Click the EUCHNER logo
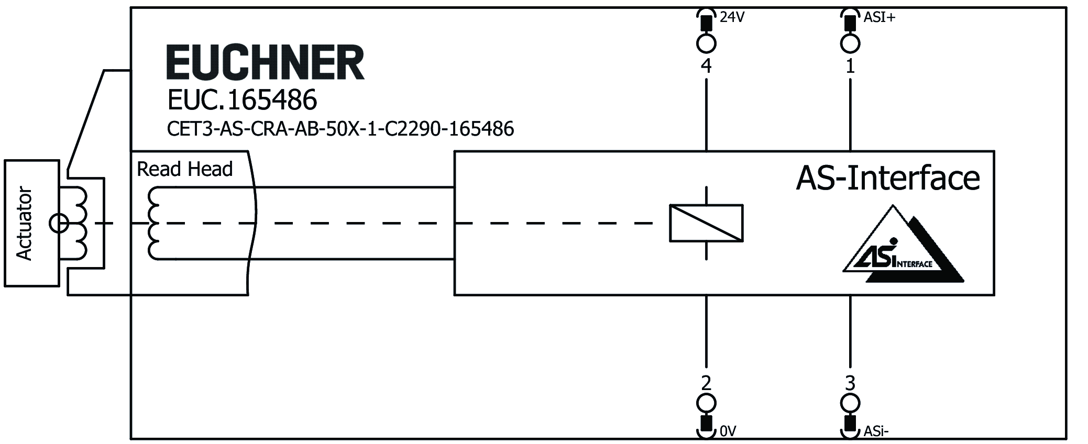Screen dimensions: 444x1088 tap(265, 62)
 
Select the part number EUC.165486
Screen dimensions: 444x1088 tap(242, 99)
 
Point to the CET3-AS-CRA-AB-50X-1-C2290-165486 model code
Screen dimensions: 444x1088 tap(340, 129)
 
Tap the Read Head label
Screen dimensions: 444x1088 tap(184, 169)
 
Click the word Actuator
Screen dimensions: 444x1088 tap(24, 224)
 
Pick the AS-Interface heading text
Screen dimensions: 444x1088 tap(887, 178)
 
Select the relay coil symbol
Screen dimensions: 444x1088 tap(706, 223)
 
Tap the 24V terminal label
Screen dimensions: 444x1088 tap(732, 17)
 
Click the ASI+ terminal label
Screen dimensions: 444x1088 tap(880, 17)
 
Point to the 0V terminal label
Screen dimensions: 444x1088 tap(728, 431)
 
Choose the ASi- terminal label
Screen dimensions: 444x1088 tap(876, 431)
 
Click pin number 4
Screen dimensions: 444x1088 tap(706, 66)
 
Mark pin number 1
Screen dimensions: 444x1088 tap(850, 66)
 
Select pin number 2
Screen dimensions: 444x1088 tap(706, 383)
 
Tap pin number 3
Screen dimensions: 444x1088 tap(850, 383)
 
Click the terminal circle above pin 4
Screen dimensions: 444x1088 tap(706, 43)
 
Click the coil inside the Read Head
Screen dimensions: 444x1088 tap(155, 224)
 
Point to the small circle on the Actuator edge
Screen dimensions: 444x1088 tap(58, 224)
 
